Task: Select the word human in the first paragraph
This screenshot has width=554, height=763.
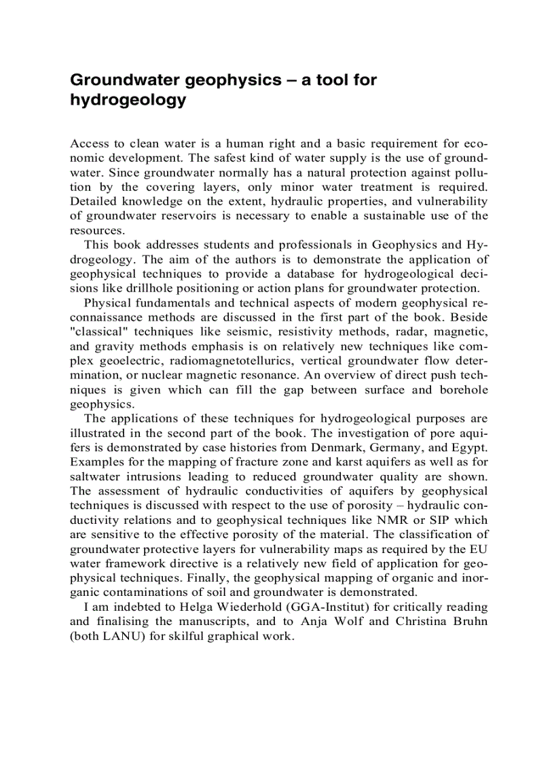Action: click(247, 143)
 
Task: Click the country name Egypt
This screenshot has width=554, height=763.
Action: click(468, 448)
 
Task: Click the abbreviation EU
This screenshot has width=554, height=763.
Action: click(479, 549)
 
